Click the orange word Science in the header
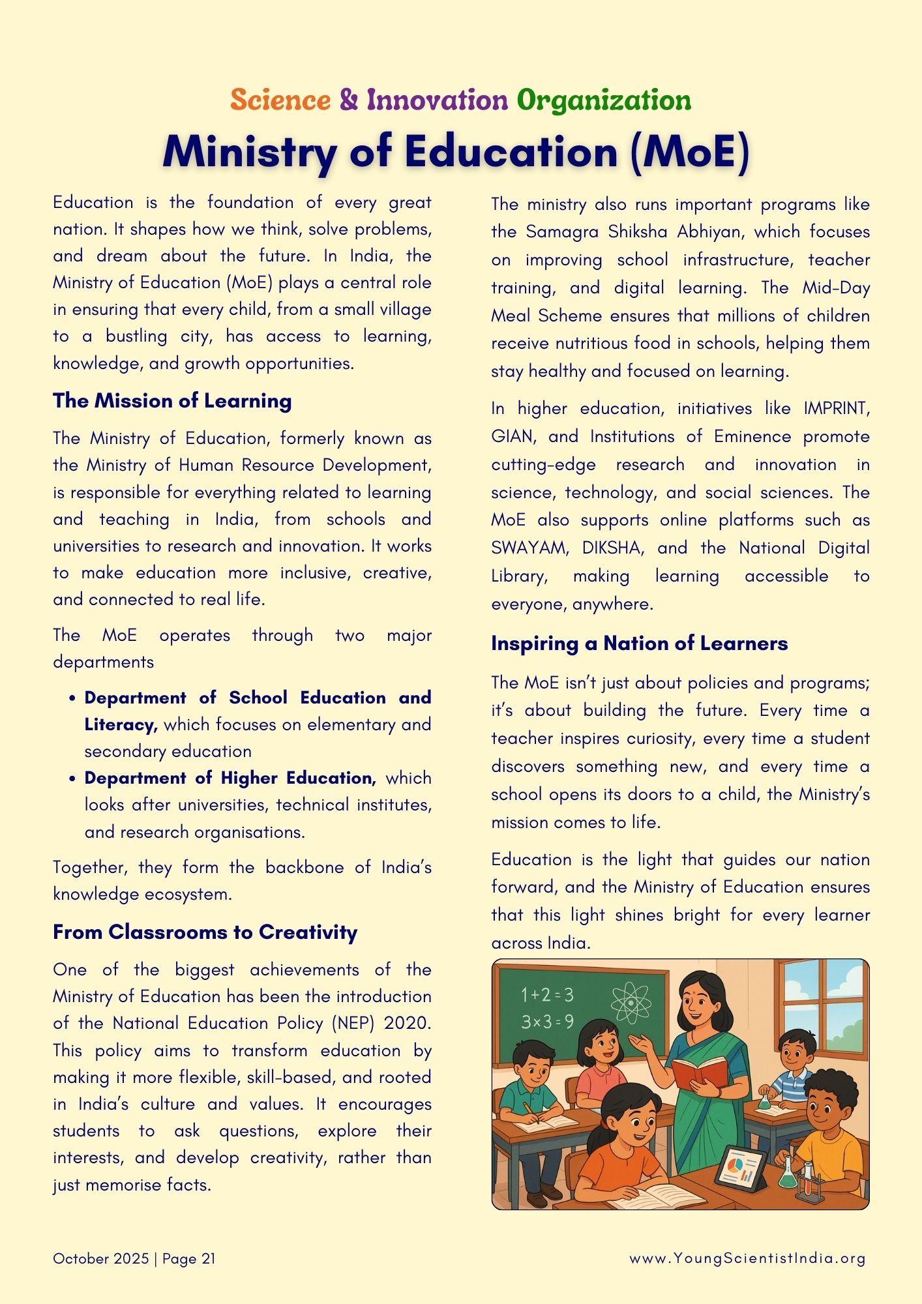pos(280,100)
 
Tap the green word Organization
pos(603,100)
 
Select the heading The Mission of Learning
pos(172,400)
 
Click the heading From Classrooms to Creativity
pos(205,932)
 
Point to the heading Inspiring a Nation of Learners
pos(639,644)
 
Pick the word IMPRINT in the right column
pos(835,408)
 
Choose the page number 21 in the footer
pos(208,1258)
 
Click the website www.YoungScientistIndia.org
pos(747,1258)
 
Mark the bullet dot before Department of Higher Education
pos(72,778)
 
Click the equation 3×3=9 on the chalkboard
pos(547,1022)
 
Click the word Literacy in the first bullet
pos(120,724)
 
